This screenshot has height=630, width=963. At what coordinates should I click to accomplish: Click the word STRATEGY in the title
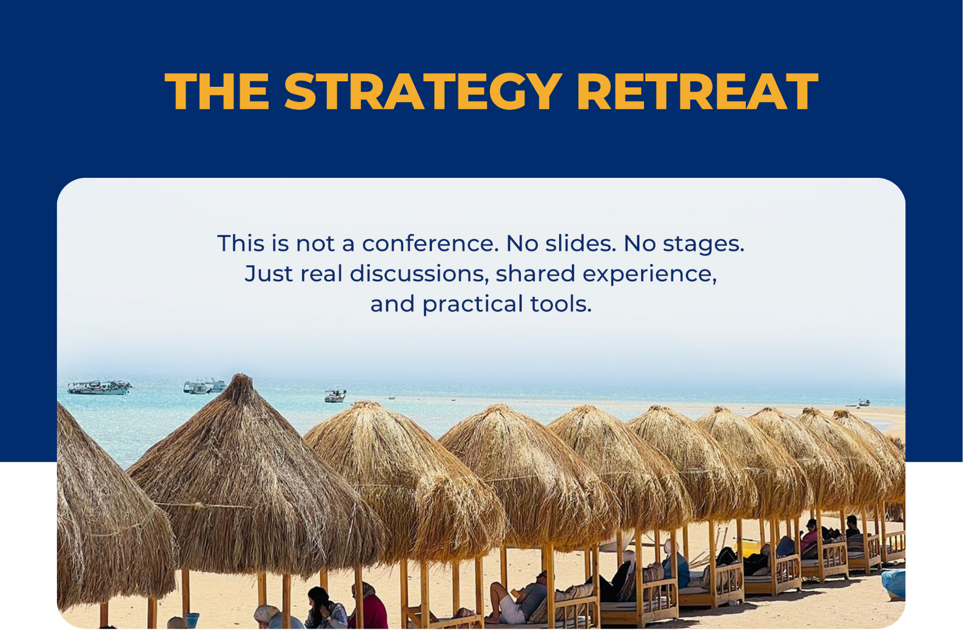[x=423, y=91]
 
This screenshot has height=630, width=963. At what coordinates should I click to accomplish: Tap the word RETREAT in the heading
[x=697, y=91]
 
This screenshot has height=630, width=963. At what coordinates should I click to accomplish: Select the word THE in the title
[x=217, y=91]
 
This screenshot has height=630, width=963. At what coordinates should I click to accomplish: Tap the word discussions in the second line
[x=420, y=274]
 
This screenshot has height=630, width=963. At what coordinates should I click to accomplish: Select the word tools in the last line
[x=561, y=304]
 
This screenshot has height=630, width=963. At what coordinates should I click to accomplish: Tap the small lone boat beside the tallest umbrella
[x=335, y=396]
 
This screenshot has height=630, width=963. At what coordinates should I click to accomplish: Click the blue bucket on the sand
[x=192, y=620]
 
